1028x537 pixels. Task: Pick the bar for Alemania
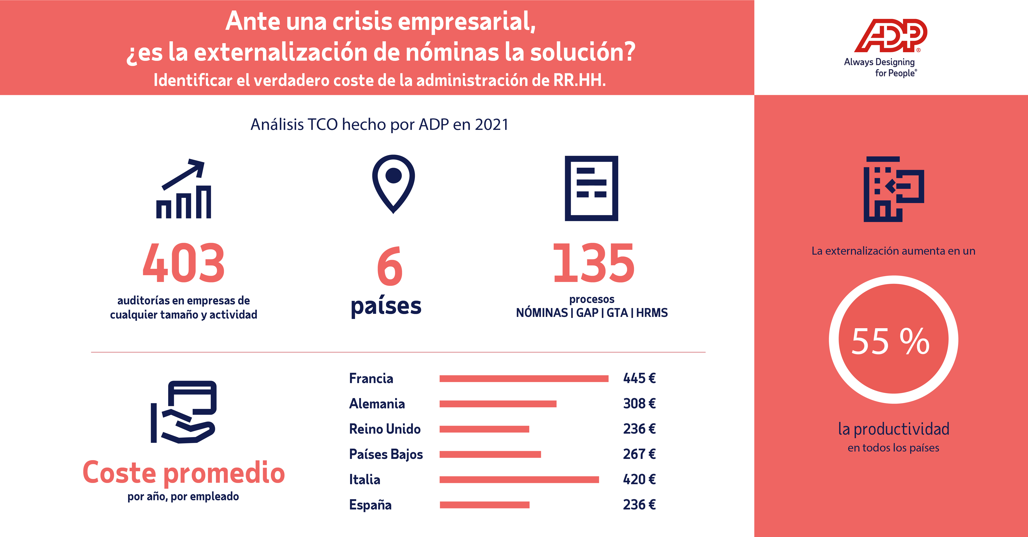tap(498, 404)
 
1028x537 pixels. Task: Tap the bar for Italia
tap(519, 479)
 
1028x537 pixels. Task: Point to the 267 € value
tap(639, 454)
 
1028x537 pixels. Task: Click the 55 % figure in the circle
tap(891, 341)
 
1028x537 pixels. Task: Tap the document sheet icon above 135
tap(592, 188)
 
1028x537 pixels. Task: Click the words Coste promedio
tap(184, 473)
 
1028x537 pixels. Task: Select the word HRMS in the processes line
tap(652, 313)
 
